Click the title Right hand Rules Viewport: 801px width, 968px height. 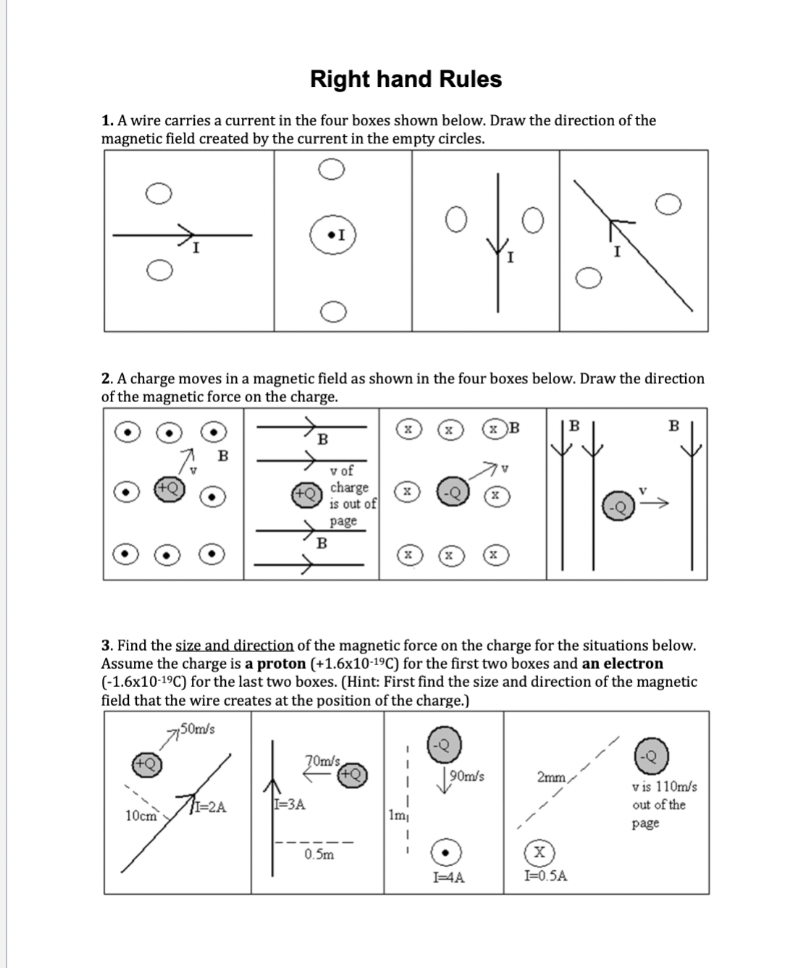click(x=406, y=79)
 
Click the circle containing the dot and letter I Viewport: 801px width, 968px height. click(x=333, y=235)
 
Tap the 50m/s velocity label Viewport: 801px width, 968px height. click(x=196, y=728)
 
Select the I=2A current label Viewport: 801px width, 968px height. click(x=210, y=807)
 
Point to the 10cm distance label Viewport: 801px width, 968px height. click(x=141, y=816)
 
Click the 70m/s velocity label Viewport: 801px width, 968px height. click(x=323, y=761)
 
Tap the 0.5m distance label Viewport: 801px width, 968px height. click(x=319, y=854)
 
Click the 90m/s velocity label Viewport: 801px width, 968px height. click(x=466, y=777)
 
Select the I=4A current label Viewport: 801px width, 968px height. click(x=448, y=877)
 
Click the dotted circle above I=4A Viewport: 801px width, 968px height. click(x=448, y=852)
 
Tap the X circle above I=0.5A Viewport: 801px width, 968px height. click(x=541, y=851)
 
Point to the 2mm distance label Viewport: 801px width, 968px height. click(x=551, y=777)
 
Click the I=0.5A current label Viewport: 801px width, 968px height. click(x=545, y=876)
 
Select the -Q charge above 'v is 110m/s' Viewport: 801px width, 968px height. click(x=651, y=757)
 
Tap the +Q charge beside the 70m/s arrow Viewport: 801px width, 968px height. click(x=352, y=774)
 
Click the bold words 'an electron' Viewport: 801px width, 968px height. click(x=622, y=664)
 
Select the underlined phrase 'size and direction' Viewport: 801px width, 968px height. click(x=235, y=646)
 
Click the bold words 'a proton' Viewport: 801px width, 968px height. click(x=275, y=664)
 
